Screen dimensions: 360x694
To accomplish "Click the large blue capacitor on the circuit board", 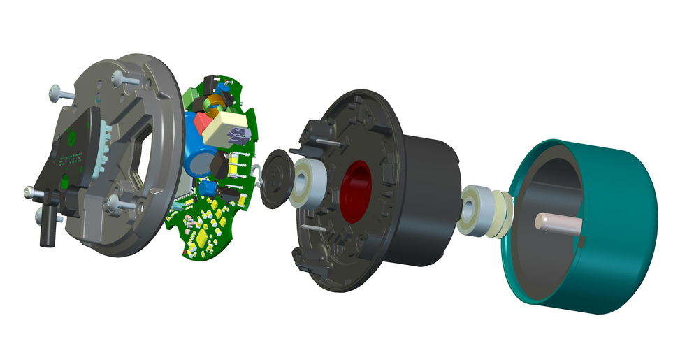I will point(198,161).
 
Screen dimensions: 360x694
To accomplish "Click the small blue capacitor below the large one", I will point(207,189).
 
